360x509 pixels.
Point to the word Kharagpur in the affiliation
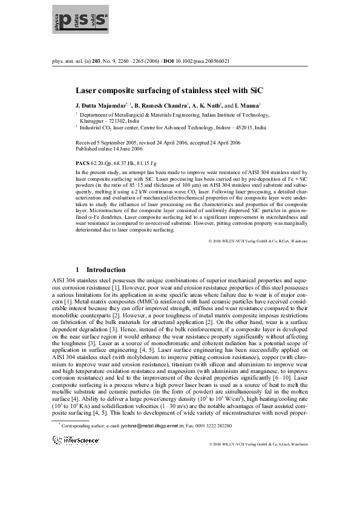pos(93,120)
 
